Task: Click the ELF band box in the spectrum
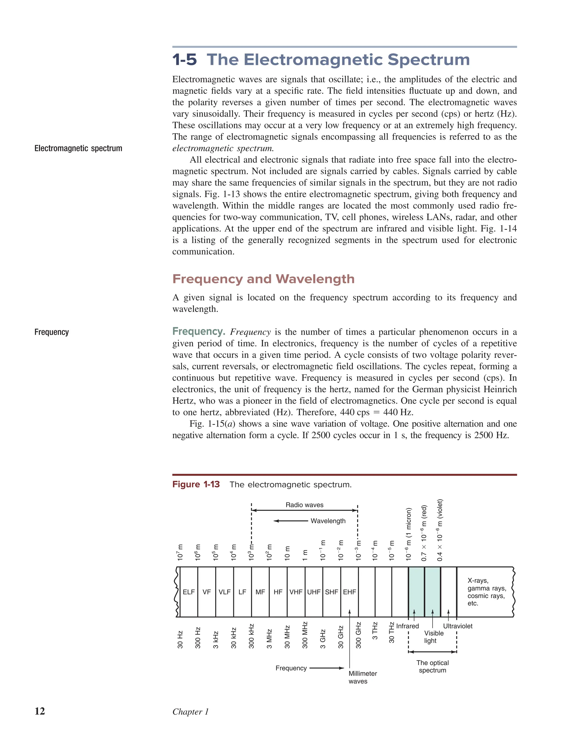[189, 592]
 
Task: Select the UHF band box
[314, 592]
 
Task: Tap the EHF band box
[349, 592]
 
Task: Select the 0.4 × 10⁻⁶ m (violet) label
[440, 530]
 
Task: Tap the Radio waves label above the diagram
[304, 505]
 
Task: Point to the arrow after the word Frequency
[326, 668]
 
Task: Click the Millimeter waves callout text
[363, 677]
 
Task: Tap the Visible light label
[433, 637]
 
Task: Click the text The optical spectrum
[433, 666]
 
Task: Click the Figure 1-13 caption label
[196, 484]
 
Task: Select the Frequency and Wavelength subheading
[263, 279]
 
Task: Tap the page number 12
[40, 711]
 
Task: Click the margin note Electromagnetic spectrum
[78, 148]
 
